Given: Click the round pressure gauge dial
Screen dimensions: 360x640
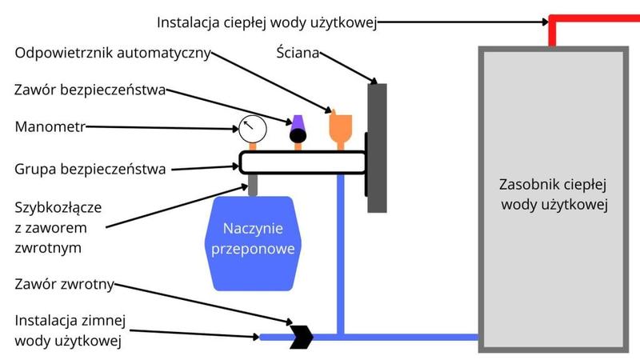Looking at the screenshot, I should coord(250,127).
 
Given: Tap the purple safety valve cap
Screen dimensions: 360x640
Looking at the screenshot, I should coord(298,122).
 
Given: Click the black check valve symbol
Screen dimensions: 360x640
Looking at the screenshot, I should coord(302,337).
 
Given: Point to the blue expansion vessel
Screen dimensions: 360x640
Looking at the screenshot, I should coord(253,241).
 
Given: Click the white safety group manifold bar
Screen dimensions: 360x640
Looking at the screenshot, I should coord(301,162).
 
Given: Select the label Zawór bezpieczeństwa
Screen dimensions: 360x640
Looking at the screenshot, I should coord(90,90).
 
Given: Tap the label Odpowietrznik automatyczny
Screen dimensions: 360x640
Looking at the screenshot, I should coord(112,54).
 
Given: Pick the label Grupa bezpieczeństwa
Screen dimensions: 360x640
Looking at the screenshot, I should coord(90,170).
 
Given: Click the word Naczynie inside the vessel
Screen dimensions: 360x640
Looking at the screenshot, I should coord(253,231).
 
